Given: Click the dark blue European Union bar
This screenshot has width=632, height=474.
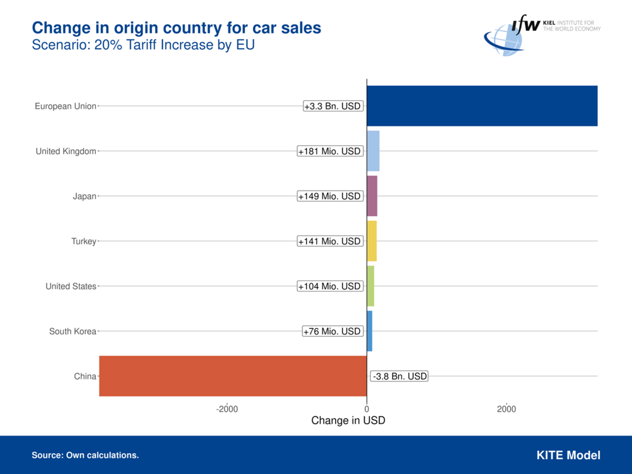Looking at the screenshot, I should [x=482, y=106].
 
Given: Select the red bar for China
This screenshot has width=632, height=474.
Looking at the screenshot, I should [x=233, y=376].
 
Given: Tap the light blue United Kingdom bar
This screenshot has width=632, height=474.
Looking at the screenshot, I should [x=373, y=151].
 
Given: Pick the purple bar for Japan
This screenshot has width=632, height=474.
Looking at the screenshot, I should [x=372, y=196].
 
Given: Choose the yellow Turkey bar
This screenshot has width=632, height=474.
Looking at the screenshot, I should [x=372, y=241].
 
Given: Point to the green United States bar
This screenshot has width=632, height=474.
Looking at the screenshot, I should [x=371, y=286].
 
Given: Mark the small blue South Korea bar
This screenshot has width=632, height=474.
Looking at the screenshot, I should [x=370, y=331].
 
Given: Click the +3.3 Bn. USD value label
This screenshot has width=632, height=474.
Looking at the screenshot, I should [x=333, y=106].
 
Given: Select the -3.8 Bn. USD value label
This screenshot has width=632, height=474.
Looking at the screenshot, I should [x=399, y=376].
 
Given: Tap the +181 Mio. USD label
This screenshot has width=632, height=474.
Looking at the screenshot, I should [x=330, y=151].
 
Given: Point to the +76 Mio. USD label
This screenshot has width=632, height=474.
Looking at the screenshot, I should [x=332, y=331].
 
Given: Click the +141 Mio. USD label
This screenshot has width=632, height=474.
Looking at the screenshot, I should [x=330, y=241].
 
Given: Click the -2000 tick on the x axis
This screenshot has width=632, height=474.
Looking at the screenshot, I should [x=227, y=409].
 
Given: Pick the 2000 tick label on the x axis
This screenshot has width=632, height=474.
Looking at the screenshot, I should [x=507, y=409].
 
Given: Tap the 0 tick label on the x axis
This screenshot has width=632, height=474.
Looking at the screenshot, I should [x=366, y=409].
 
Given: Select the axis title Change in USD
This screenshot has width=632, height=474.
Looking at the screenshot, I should [x=348, y=421].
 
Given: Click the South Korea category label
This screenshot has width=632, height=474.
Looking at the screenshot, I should [x=73, y=331].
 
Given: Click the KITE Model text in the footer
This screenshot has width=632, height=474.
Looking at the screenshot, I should [x=568, y=455].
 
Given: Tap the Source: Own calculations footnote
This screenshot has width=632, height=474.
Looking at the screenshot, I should [x=85, y=455].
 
